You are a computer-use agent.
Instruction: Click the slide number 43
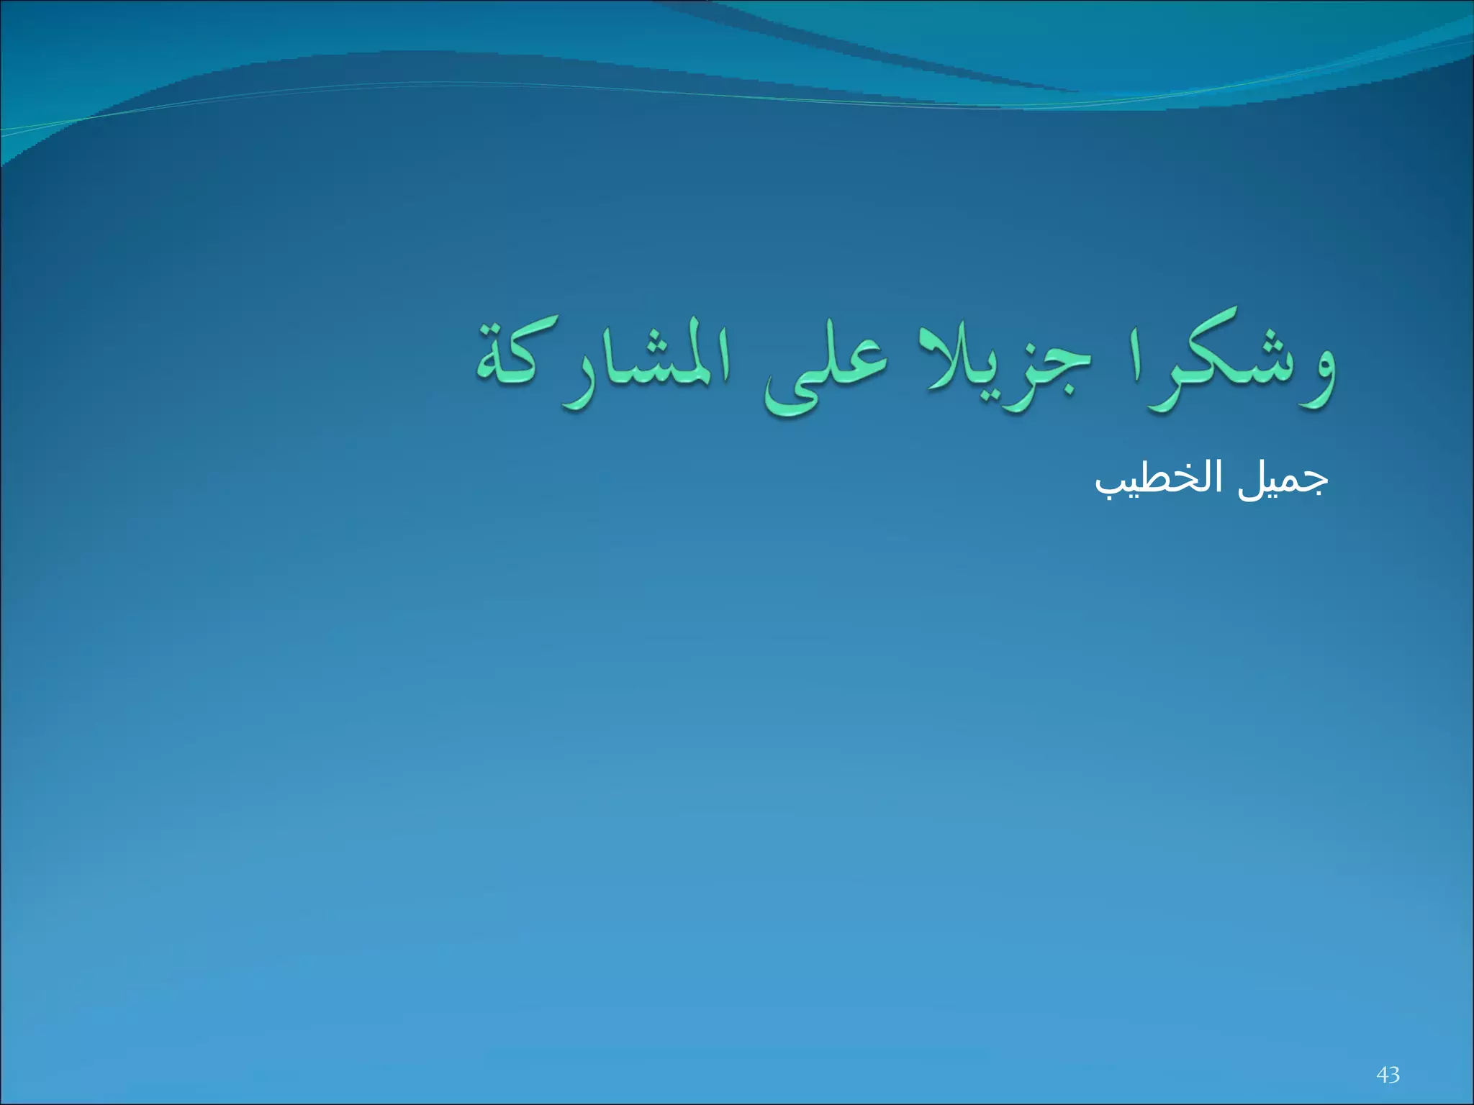(1388, 1075)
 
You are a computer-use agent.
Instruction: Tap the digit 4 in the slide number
(1382, 1075)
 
